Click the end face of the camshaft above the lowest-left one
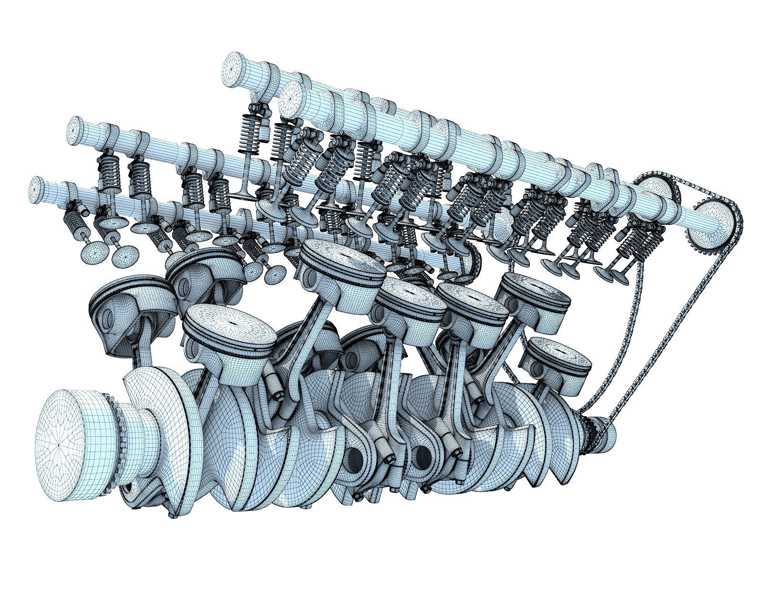click(76, 129)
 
